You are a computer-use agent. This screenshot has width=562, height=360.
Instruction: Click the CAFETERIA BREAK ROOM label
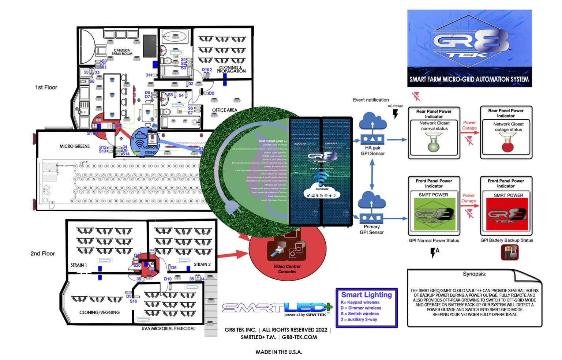point(122,52)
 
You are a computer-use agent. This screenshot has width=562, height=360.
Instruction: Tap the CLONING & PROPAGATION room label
point(231,69)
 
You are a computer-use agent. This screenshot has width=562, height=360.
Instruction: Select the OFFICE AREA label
point(224,110)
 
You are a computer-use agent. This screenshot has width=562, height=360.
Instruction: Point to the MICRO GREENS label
point(74,146)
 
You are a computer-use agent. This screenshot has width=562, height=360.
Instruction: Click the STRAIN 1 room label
point(79,265)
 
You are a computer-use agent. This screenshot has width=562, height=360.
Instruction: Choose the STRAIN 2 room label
point(202,264)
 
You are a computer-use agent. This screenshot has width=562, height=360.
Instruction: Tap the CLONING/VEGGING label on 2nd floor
point(100,312)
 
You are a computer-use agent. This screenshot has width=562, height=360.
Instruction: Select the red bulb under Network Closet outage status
point(507,146)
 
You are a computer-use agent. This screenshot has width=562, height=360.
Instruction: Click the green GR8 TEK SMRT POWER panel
point(434,214)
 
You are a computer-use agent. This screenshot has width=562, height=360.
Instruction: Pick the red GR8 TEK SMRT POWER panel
point(506,214)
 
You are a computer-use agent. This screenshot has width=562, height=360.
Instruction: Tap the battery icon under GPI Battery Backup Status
point(509,252)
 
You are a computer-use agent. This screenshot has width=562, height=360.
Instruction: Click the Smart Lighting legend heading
point(366,295)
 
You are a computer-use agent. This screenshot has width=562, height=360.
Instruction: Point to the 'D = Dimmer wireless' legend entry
point(361,308)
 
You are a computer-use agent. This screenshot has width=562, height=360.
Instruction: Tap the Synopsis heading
point(474,274)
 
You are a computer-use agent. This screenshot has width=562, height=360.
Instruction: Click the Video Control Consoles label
point(287,269)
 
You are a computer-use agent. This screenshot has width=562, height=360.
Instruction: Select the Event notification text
point(371,100)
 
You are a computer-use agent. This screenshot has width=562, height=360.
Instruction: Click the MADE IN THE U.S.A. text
point(279,352)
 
